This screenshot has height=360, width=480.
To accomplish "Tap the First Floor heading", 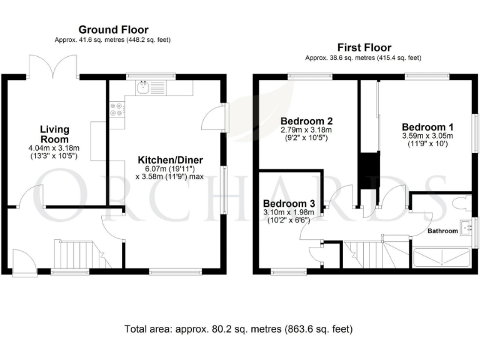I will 364,47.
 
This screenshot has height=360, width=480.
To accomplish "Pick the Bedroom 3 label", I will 288,204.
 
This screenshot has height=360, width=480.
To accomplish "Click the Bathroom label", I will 442,231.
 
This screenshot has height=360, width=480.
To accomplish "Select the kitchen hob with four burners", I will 117,110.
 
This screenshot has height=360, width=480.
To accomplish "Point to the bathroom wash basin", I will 466,227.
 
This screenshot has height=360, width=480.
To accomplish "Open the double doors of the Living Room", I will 52,66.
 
